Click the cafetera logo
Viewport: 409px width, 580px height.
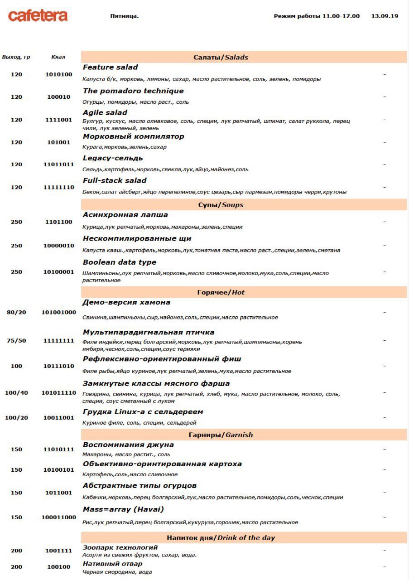[38, 16]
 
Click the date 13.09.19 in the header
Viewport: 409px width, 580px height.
[385, 16]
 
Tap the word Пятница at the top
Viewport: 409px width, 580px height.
[124, 16]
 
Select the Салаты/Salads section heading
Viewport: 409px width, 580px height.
[221, 57]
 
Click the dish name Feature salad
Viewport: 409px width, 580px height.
[110, 67]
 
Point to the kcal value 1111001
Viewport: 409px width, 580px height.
[59, 120]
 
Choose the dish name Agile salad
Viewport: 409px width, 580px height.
[105, 112]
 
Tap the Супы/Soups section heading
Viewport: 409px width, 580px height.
[221, 205]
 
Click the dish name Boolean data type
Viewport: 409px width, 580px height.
[119, 262]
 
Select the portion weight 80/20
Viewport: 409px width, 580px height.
[16, 312]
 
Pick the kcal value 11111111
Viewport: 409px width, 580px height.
[59, 341]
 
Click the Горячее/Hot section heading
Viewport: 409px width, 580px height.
[221, 292]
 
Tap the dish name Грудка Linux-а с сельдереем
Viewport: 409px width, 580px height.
[143, 412]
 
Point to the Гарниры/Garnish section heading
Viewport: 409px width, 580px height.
[221, 435]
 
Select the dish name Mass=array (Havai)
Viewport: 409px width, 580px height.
[123, 509]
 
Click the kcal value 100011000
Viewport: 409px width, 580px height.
[59, 517]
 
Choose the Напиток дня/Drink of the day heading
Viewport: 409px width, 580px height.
[221, 538]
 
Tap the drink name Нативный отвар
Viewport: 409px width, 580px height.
[112, 564]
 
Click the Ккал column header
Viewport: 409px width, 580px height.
[58, 57]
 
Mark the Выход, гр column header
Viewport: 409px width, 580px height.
[16, 57]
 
